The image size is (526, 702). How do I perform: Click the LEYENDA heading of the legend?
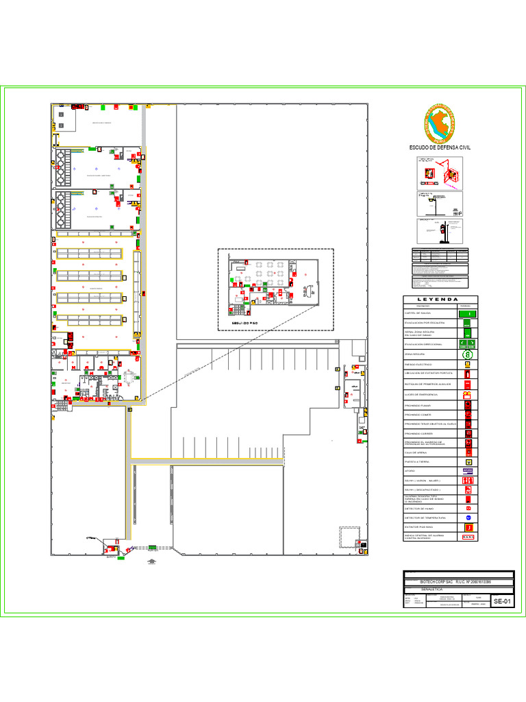pos(440,299)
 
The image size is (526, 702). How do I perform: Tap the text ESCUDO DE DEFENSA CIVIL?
pos(440,148)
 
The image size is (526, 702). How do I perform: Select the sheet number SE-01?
pos(502,601)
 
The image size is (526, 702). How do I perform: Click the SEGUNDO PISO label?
pos(244,322)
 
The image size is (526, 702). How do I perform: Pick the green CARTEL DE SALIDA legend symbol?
pos(468,313)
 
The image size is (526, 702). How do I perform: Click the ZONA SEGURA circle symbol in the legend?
pos(468,354)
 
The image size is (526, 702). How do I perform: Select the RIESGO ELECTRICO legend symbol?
pos(468,365)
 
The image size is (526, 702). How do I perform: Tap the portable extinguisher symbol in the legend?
pos(468,374)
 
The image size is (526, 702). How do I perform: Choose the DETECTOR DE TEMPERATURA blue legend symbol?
pos(468,518)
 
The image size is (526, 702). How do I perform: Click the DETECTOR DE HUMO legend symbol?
pos(468,508)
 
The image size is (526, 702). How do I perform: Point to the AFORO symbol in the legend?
pos(468,471)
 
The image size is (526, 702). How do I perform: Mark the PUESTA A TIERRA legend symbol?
pos(468,461)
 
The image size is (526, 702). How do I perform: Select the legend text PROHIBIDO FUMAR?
pos(417,406)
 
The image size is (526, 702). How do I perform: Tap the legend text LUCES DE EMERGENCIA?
pos(421,396)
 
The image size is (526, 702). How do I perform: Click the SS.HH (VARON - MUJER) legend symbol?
pos(468,481)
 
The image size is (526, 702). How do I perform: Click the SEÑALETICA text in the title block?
pos(432,589)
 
